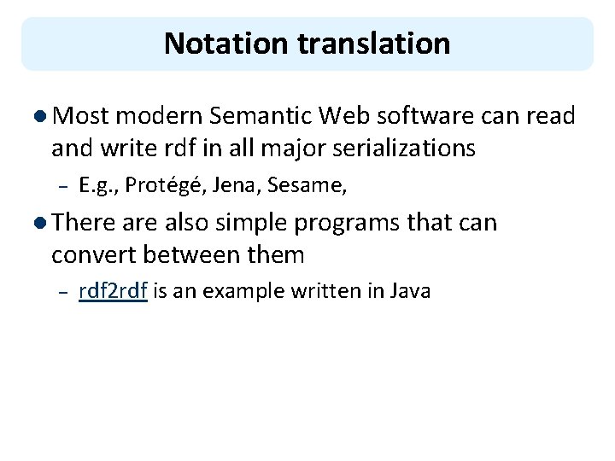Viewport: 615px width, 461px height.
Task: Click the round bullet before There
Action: tap(43, 224)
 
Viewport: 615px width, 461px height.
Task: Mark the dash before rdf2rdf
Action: tap(60, 292)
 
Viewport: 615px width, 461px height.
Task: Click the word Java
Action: tap(410, 290)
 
